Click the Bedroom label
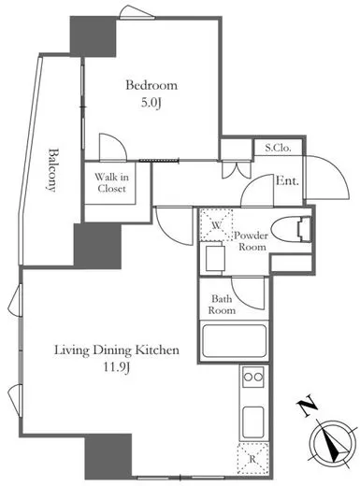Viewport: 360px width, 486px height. coord(151,85)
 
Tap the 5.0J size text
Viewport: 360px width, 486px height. coord(151,103)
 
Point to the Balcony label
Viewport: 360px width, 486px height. coord(52,170)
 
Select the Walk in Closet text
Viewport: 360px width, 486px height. coord(111,183)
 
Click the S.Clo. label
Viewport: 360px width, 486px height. coord(278,148)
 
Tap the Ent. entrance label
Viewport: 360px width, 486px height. coord(287,180)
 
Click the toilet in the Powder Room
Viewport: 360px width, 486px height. coord(291,230)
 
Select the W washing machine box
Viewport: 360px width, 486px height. coord(216,225)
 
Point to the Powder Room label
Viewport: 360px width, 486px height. coord(252,241)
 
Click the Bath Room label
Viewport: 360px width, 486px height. coord(222,305)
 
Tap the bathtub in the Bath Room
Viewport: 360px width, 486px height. coord(235,341)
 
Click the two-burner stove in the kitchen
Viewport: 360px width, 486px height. coord(253,377)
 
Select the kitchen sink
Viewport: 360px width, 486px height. coord(253,422)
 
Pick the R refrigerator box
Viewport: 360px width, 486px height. coord(252,459)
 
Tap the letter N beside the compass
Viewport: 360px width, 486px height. coord(307,405)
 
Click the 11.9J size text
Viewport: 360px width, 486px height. coord(117,368)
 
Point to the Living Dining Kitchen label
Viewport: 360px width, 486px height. coord(117,350)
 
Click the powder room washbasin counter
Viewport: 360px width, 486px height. coord(215,258)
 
